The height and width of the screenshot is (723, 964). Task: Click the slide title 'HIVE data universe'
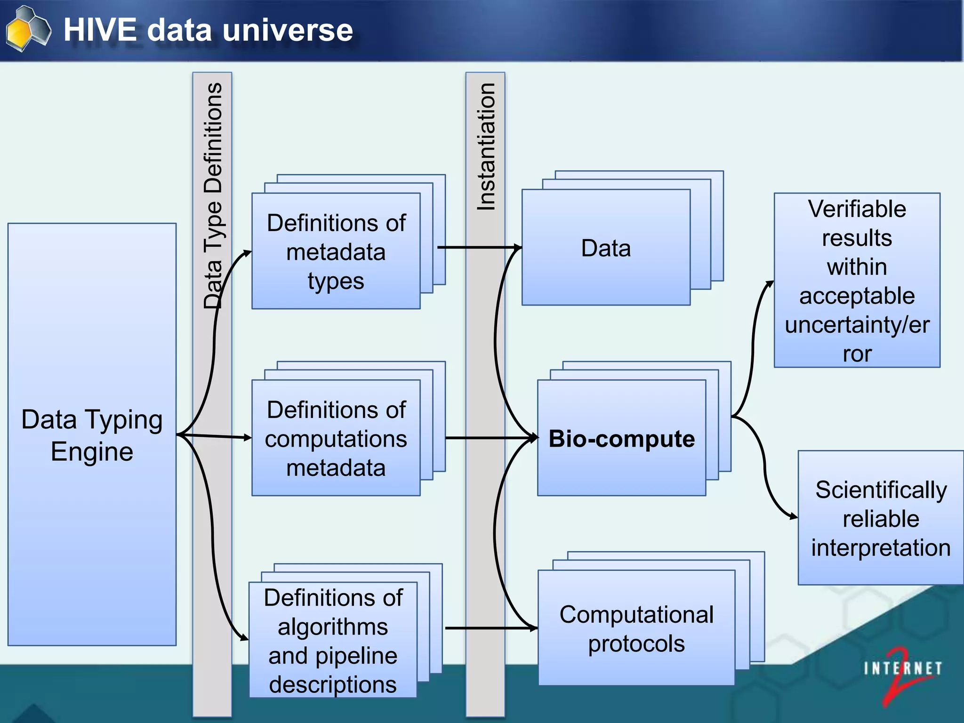coord(208,30)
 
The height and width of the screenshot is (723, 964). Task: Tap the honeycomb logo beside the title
coord(28,28)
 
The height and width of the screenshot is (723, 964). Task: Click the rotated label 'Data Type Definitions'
coord(213,195)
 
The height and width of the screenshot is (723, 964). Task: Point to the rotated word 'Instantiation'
coord(486,146)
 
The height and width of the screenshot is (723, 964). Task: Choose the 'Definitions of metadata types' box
coord(336,252)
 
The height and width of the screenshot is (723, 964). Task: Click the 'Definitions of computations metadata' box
coord(336,438)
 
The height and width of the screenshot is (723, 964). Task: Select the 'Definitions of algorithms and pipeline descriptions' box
coord(333,640)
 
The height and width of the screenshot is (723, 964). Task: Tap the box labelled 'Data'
coord(606,248)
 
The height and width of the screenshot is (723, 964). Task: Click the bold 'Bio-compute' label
coord(621,439)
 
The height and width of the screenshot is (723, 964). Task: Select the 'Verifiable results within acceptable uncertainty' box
coord(857,281)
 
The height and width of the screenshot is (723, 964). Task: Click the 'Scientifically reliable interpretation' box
coord(880,518)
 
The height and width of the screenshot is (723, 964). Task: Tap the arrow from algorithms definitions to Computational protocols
coord(490,628)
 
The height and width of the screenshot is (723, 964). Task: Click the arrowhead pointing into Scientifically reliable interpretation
coord(793,516)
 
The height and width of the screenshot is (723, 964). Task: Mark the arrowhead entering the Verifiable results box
coord(770,284)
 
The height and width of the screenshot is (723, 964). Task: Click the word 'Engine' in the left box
coord(92,451)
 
